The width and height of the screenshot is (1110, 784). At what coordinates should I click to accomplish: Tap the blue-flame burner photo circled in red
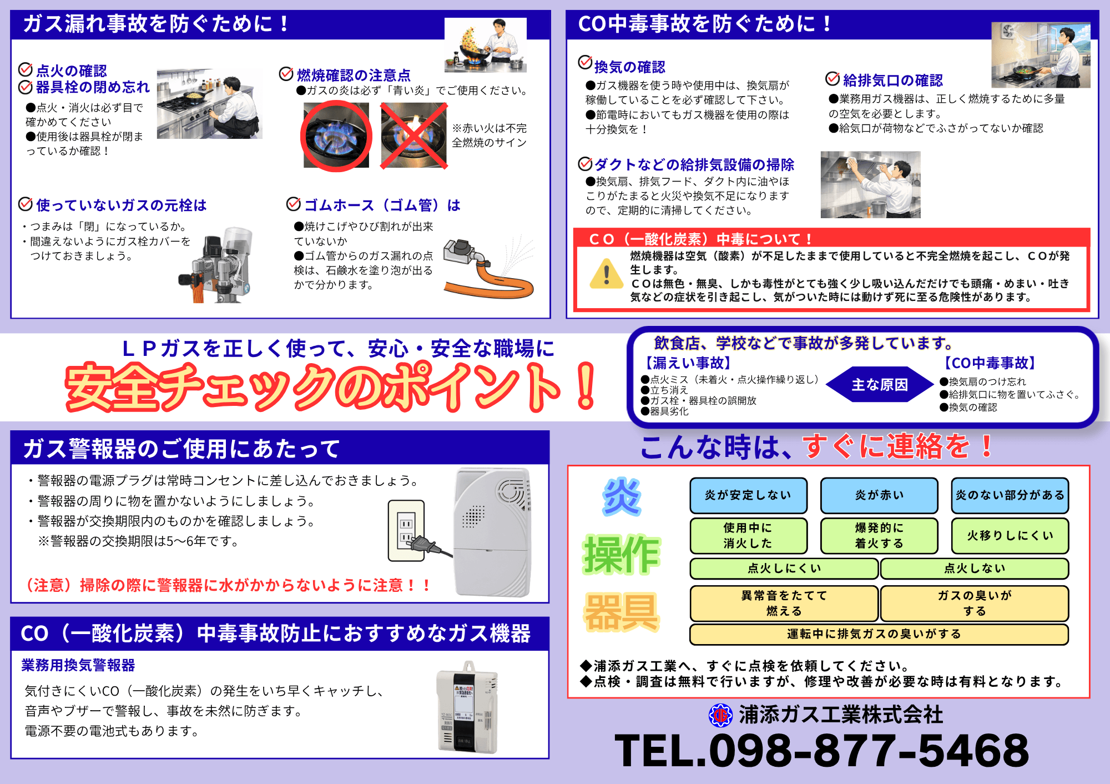click(x=336, y=135)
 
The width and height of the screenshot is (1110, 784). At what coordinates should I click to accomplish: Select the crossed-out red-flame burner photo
click(x=413, y=135)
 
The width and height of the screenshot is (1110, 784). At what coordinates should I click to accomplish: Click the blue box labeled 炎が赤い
click(x=879, y=495)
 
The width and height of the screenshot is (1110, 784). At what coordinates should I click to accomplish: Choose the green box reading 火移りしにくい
click(x=1010, y=536)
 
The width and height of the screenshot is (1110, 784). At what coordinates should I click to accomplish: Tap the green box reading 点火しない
click(x=975, y=569)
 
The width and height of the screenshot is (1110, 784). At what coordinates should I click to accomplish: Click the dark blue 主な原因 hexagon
click(x=880, y=384)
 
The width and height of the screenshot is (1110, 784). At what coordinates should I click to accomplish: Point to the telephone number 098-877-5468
click(x=869, y=751)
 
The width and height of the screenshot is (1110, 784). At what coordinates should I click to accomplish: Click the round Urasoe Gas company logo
click(x=721, y=715)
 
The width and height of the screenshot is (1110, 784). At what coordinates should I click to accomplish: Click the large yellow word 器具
click(x=622, y=612)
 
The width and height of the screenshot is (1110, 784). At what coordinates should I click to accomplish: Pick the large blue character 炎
click(x=622, y=496)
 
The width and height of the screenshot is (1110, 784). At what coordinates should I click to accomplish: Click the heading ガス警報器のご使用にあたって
click(x=181, y=449)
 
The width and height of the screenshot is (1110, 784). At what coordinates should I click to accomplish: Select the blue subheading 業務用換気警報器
click(x=78, y=665)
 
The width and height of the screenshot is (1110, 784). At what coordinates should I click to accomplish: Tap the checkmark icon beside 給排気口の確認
click(x=833, y=79)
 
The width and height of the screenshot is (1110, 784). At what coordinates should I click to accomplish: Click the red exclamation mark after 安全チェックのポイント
click(x=586, y=386)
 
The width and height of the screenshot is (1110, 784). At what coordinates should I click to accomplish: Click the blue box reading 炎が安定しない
click(x=748, y=495)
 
